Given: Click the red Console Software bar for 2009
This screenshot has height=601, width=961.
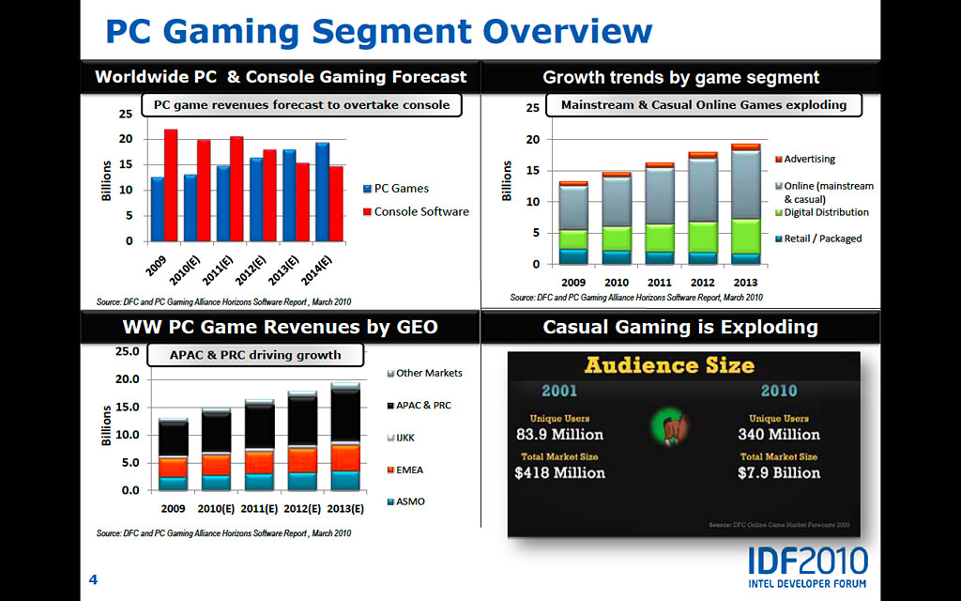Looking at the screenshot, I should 171,185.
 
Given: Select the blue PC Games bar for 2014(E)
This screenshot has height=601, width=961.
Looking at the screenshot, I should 322,192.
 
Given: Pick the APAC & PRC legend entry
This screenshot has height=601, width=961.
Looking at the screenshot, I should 422,405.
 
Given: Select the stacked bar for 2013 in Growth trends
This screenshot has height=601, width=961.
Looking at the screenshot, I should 746,204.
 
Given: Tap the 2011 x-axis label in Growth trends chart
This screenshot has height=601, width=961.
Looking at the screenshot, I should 660,282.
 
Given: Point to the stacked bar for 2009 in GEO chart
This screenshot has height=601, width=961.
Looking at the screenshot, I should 173,455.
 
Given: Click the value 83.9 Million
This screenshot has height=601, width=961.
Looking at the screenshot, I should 559,435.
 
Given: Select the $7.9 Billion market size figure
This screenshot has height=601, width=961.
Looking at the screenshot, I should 779,472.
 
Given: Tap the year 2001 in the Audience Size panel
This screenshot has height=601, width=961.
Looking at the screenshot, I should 559,391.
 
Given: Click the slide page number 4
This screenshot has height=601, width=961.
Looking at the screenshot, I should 93,579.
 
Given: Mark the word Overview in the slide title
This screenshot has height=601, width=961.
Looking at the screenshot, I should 569,31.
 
